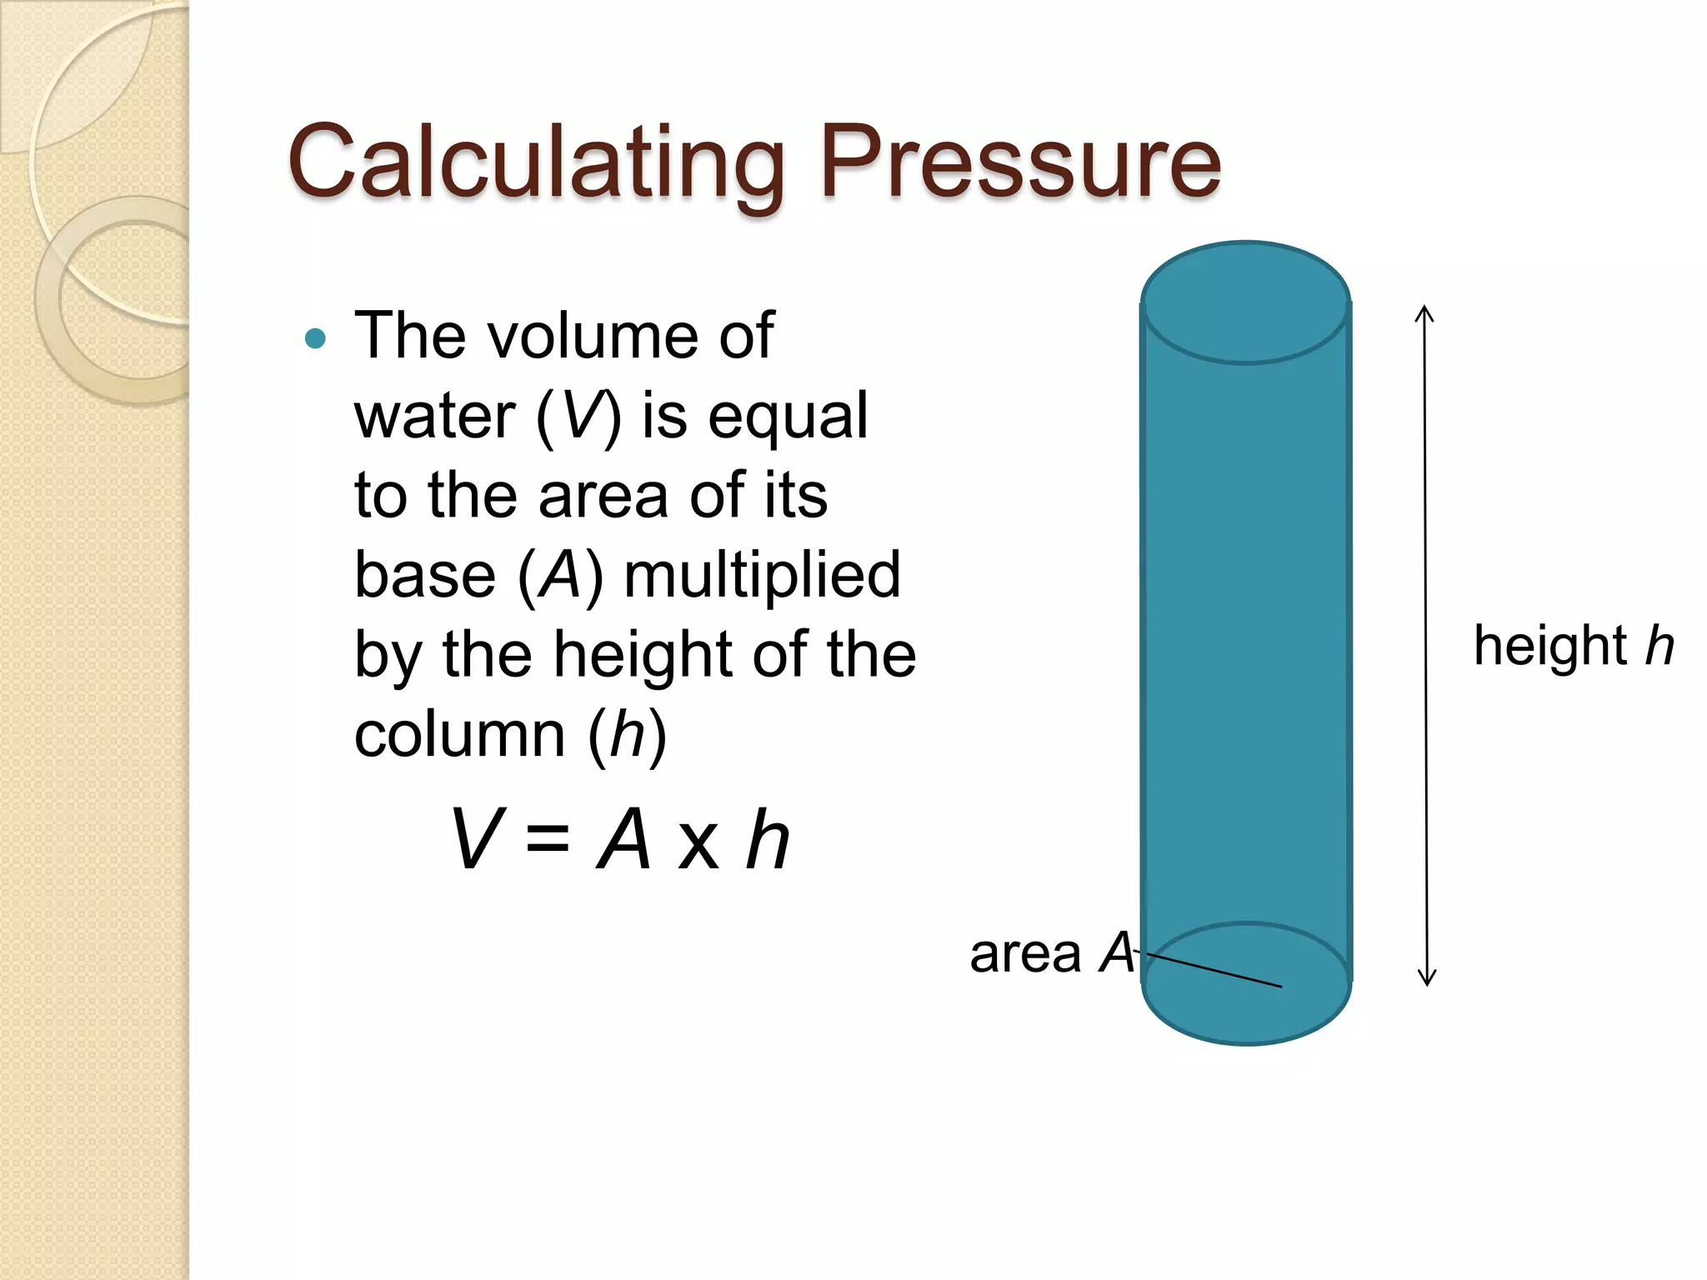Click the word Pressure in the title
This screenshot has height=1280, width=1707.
[x=1020, y=162]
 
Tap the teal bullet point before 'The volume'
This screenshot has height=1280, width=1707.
[x=316, y=338]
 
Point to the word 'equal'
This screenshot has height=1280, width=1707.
[x=788, y=416]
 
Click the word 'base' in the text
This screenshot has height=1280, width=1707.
[x=425, y=575]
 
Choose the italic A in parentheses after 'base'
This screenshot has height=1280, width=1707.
[x=559, y=575]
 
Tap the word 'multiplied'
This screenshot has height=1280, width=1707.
[x=762, y=575]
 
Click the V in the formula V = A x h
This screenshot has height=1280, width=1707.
[x=476, y=840]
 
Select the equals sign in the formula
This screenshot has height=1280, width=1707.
[x=548, y=840]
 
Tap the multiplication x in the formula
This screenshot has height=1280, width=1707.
[x=698, y=843]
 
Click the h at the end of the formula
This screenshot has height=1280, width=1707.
[x=767, y=840]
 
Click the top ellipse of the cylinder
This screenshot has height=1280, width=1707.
[x=1245, y=303]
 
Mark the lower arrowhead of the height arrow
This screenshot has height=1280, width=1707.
[x=1427, y=978]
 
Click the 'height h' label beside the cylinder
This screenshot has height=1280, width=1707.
[x=1574, y=646]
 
